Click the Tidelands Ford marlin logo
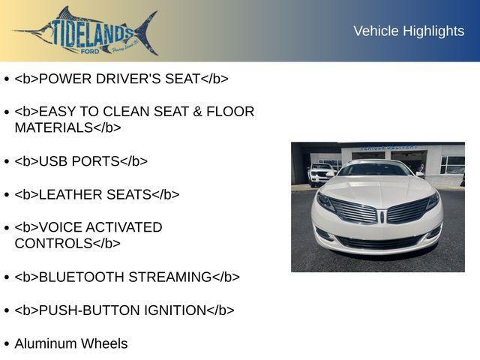[x=86, y=31]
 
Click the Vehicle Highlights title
[x=409, y=31]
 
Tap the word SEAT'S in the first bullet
[x=174, y=79]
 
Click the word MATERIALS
[x=53, y=127]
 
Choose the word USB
[x=53, y=161]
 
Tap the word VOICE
[x=59, y=227]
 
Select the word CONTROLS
[x=53, y=244]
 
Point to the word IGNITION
[x=173, y=310]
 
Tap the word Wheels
[x=104, y=343]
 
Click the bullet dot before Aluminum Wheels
[x=7, y=344]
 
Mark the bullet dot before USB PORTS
[x=7, y=162]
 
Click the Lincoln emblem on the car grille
[x=382, y=217]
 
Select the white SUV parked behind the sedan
[x=321, y=173]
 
